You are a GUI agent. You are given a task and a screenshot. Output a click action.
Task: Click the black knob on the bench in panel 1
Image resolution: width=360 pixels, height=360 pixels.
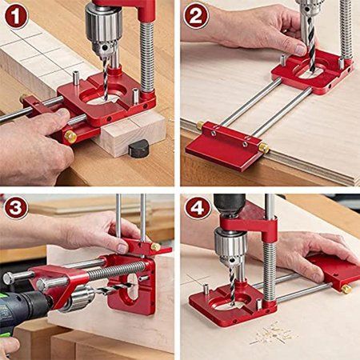tap(139, 148)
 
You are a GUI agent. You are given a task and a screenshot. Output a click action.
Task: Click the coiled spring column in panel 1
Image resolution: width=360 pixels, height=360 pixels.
tap(147, 56)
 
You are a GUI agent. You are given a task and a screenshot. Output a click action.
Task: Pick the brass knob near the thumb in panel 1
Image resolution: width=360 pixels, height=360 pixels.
tap(70, 136)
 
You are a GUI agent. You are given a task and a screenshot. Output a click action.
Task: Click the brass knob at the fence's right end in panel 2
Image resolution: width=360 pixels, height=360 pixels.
tap(263, 148)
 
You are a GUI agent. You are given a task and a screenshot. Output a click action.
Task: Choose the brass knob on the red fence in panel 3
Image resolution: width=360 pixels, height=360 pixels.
tap(155, 246)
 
